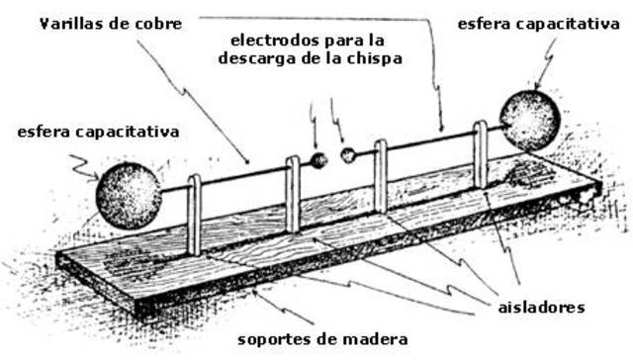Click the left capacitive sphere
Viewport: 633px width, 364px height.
[128, 195]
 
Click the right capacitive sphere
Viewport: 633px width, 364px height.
[529, 120]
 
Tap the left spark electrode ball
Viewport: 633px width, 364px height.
[319, 161]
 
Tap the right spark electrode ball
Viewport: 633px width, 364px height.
[348, 155]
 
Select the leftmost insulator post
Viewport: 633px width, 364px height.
[195, 214]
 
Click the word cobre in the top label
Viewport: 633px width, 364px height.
[156, 24]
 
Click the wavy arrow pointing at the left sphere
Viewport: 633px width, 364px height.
[83, 170]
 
